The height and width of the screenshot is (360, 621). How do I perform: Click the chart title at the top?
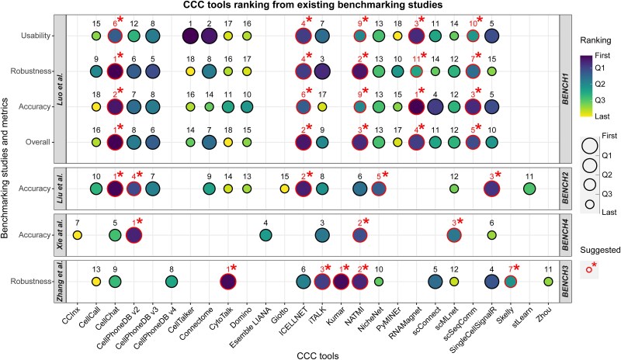point(310,6)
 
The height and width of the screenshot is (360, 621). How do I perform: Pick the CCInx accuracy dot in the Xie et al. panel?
point(77,235)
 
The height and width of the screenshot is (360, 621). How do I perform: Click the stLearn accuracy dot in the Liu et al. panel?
point(529,188)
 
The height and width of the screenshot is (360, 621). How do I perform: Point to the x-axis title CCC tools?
point(310,353)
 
